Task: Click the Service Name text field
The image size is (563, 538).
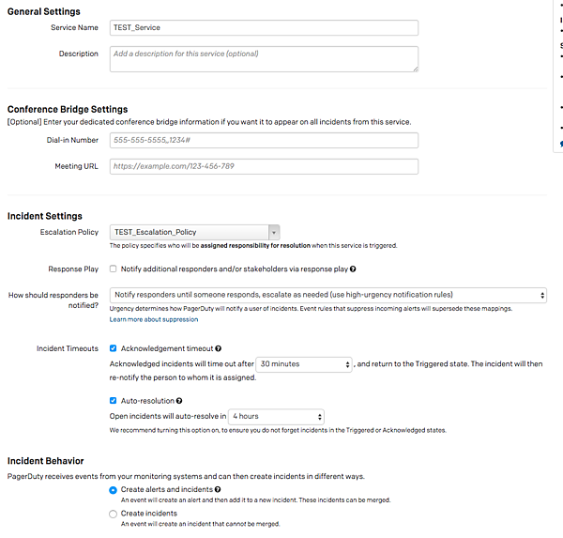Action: [264, 28]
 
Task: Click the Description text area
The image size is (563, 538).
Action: [264, 58]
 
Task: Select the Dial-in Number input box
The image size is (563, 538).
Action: [264, 140]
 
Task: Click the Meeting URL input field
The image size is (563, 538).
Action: [264, 166]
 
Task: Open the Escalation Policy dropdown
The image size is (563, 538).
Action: [195, 232]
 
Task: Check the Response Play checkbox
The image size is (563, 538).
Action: [114, 269]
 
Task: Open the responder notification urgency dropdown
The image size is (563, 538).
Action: [328, 295]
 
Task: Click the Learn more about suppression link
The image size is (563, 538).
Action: [153, 320]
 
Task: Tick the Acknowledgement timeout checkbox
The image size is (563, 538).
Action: [114, 348]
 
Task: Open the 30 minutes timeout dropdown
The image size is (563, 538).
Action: [305, 363]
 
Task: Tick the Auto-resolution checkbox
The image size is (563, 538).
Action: [114, 401]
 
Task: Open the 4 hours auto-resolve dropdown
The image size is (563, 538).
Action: [277, 416]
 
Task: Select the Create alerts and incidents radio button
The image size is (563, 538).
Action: [114, 490]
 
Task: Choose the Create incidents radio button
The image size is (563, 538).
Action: [114, 514]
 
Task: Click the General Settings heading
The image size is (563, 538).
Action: [44, 10]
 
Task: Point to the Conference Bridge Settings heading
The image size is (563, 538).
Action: [68, 109]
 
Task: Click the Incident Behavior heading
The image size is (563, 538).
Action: [46, 461]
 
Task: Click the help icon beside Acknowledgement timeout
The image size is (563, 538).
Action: [218, 348]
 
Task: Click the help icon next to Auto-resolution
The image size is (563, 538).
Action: [179, 401]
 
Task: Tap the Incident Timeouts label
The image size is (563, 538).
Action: [68, 348]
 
